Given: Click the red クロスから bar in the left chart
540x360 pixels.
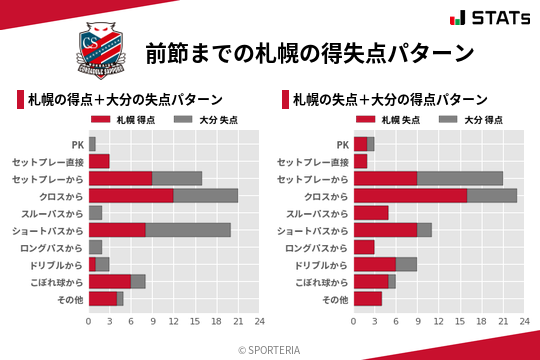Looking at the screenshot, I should click(131, 195).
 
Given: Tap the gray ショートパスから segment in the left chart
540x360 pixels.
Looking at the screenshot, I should click(188, 229).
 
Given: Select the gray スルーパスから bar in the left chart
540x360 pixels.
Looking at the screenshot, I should click(95, 212).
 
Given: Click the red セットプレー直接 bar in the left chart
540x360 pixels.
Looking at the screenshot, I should click(99, 161).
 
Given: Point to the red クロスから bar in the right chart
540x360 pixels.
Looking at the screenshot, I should click(410, 195).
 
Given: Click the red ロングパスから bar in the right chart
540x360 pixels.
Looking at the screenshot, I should click(364, 247).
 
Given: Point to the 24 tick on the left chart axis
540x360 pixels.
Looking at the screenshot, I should click(259, 322).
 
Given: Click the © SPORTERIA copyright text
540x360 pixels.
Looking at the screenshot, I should click(269, 350).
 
